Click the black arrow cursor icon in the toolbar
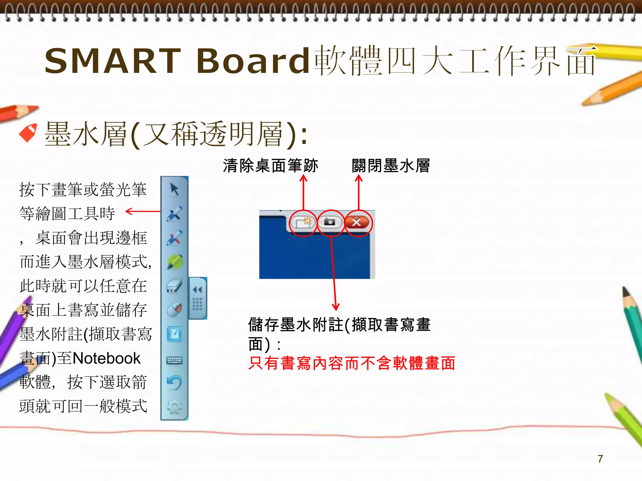click(x=174, y=189)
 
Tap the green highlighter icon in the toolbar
click(x=174, y=262)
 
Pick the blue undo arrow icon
click(x=174, y=383)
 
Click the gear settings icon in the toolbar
click(x=174, y=407)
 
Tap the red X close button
click(x=357, y=223)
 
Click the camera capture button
click(x=330, y=222)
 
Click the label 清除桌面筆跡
click(x=271, y=166)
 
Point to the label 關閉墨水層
click(x=391, y=166)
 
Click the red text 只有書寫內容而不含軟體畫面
click(x=351, y=363)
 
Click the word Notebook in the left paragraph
click(x=107, y=358)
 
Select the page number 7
click(x=600, y=459)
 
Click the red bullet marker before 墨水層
click(x=28, y=133)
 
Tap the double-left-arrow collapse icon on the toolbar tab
click(x=197, y=290)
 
